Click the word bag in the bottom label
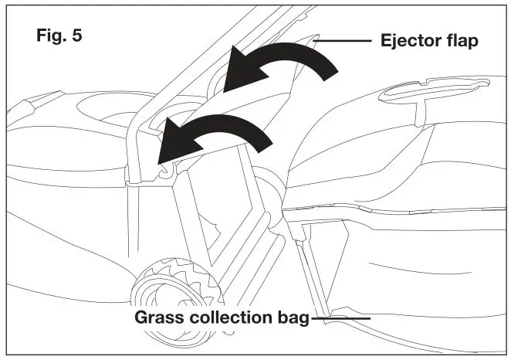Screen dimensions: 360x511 click(x=295, y=318)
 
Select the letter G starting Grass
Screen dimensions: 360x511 click(x=143, y=318)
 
